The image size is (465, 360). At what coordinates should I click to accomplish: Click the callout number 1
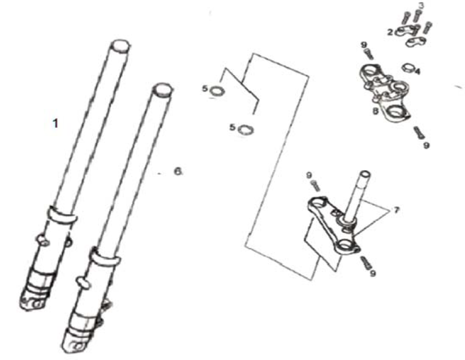pyautogui.click(x=55, y=123)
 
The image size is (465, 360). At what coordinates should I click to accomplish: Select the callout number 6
pyautogui.click(x=177, y=171)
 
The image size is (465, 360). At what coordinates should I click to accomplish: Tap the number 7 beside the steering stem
pyautogui.click(x=397, y=210)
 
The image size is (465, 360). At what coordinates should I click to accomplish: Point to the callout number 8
pyautogui.click(x=375, y=112)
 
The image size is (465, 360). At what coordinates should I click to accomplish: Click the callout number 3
pyautogui.click(x=420, y=6)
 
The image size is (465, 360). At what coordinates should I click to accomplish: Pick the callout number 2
pyautogui.click(x=390, y=32)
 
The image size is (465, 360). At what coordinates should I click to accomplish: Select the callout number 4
pyautogui.click(x=417, y=72)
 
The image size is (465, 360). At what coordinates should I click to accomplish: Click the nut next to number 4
pyautogui.click(x=406, y=68)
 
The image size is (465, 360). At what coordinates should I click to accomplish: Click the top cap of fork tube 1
pyautogui.click(x=120, y=44)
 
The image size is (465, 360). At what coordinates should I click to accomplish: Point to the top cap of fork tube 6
pyautogui.click(x=162, y=89)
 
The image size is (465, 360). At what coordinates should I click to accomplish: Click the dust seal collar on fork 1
pyautogui.click(x=61, y=215)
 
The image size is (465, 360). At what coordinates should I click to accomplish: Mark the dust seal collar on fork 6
pyautogui.click(x=106, y=258)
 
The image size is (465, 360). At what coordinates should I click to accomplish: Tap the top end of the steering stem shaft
pyautogui.click(x=365, y=175)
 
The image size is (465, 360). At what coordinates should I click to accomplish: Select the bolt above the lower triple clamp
pyautogui.click(x=316, y=185)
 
